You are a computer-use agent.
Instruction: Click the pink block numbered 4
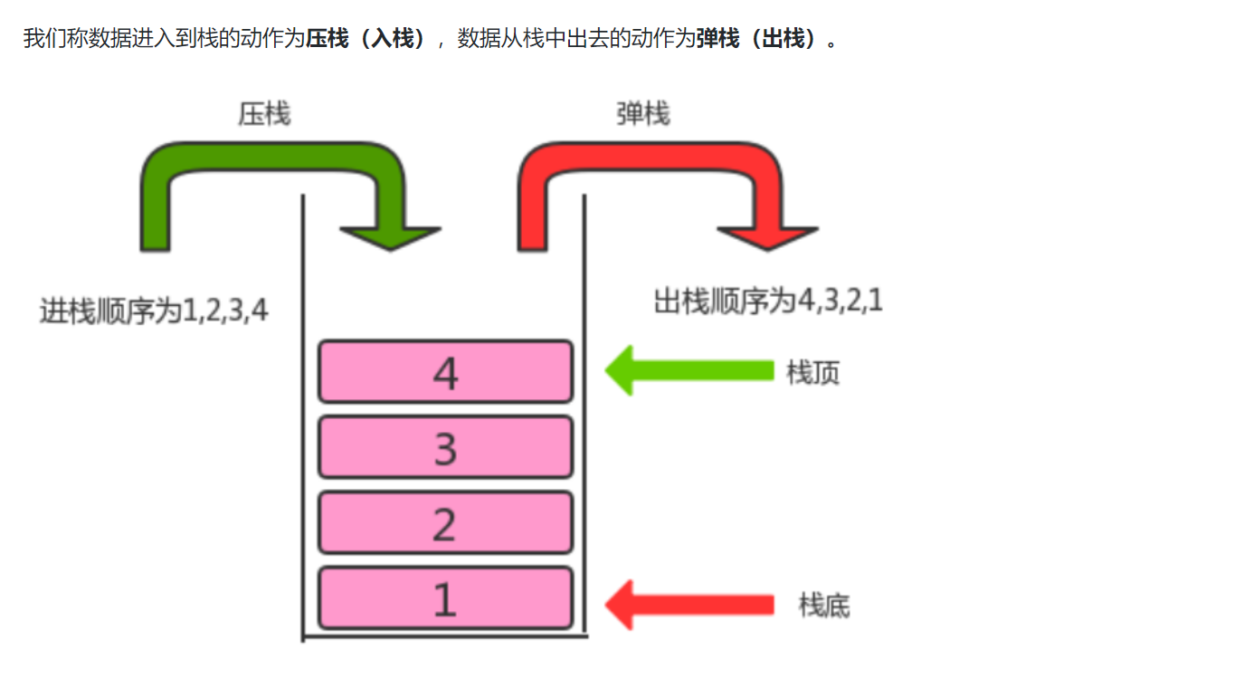pyautogui.click(x=445, y=371)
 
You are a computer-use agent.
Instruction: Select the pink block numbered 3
pyautogui.click(x=445, y=447)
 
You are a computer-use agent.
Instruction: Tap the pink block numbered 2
pyautogui.click(x=445, y=522)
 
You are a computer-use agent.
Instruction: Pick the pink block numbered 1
pyautogui.click(x=445, y=597)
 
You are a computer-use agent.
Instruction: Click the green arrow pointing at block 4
pyautogui.click(x=688, y=371)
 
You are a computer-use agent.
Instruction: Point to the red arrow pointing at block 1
pyautogui.click(x=688, y=605)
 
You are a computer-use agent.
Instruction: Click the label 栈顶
pyautogui.click(x=812, y=372)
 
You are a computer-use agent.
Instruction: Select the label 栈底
pyautogui.click(x=823, y=605)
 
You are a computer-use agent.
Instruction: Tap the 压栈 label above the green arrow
pyautogui.click(x=264, y=114)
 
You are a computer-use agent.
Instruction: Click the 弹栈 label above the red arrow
pyautogui.click(x=642, y=114)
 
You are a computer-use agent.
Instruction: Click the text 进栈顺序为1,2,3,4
pyautogui.click(x=154, y=311)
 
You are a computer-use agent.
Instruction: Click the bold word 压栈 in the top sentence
pyautogui.click(x=327, y=40)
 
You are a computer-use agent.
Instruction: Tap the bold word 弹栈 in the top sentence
pyautogui.click(x=717, y=40)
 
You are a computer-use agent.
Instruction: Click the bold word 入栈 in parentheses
pyautogui.click(x=392, y=40)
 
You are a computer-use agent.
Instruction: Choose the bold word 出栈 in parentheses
pyautogui.click(x=783, y=40)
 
